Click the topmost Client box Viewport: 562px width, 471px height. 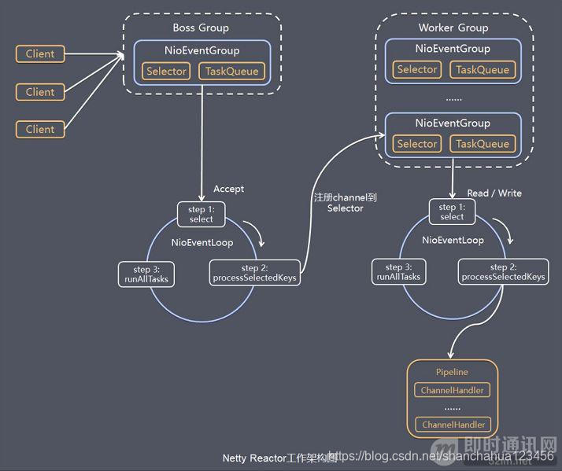point(40,54)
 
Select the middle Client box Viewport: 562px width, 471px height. point(40,92)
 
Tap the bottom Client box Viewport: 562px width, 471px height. point(40,129)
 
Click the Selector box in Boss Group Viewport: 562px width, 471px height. point(166,72)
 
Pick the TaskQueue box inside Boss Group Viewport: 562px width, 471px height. point(231,72)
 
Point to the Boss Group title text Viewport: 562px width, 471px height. point(201,28)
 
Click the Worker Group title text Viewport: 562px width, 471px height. point(453,28)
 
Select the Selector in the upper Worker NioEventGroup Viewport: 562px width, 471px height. point(417,70)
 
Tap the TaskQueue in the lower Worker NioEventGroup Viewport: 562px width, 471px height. point(482,144)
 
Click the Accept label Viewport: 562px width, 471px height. point(229,189)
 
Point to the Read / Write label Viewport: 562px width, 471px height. point(494,193)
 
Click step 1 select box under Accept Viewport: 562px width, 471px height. point(202,214)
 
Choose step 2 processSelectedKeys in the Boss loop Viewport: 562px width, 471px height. point(254,274)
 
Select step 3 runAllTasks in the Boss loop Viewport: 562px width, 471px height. point(146,274)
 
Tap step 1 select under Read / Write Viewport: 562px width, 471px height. point(452,212)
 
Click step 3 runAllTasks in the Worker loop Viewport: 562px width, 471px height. point(398,272)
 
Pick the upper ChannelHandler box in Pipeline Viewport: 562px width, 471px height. point(452,390)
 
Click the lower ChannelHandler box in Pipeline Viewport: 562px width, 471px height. point(452,425)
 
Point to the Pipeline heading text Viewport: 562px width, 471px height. point(452,372)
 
